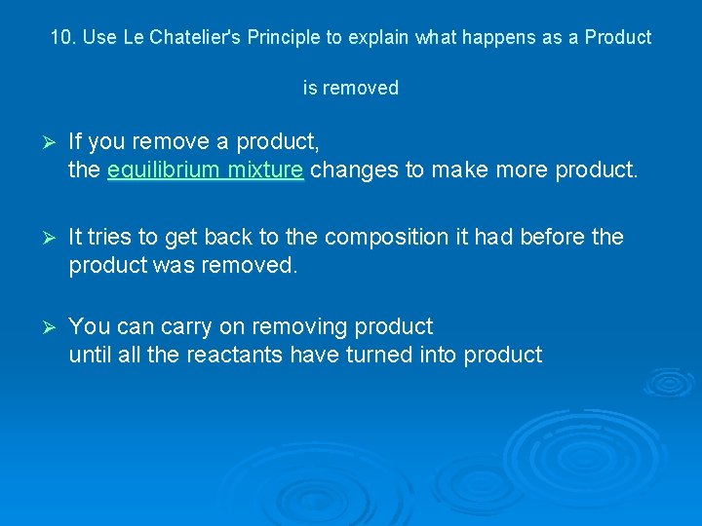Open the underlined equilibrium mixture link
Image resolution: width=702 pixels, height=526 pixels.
point(206,170)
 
